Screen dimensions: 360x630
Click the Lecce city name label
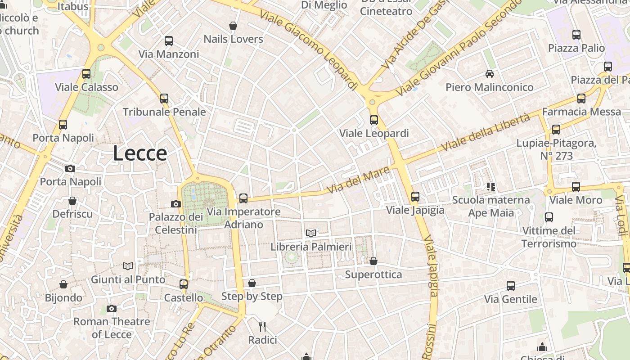(x=139, y=153)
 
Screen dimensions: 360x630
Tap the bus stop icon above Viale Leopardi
(x=374, y=120)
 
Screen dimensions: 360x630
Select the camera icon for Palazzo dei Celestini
(x=176, y=204)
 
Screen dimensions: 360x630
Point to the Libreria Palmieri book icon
(x=311, y=233)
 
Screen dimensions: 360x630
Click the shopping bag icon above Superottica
(x=373, y=261)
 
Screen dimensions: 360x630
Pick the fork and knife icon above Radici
(x=263, y=326)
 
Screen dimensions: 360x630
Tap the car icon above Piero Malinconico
(x=490, y=73)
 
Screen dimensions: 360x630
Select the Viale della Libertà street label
(x=486, y=132)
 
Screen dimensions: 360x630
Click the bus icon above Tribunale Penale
(x=164, y=98)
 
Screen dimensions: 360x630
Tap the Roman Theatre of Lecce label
(x=112, y=328)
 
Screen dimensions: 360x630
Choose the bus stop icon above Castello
(x=184, y=284)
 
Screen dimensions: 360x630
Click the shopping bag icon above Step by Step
(x=252, y=283)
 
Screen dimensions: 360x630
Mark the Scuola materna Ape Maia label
(x=491, y=206)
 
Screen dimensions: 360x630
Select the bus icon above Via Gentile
(x=511, y=286)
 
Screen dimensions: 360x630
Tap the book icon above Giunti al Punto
(x=128, y=266)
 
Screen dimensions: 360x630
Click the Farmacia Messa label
(x=581, y=112)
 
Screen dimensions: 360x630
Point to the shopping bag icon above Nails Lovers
(x=233, y=26)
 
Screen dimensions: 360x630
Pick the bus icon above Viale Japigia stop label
(x=415, y=197)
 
